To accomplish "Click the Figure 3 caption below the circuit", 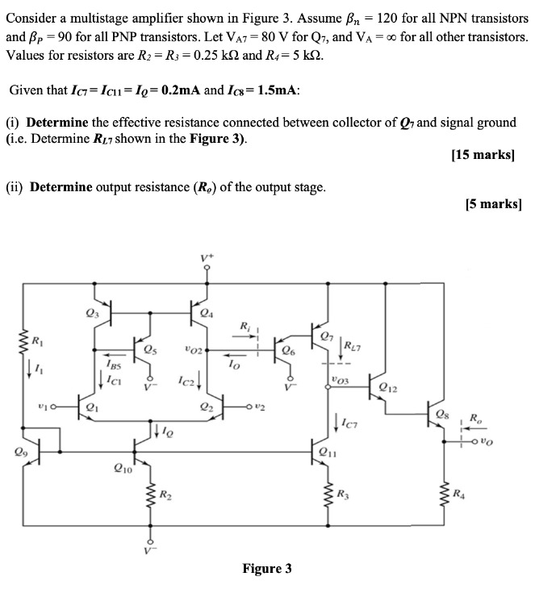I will click(x=267, y=569).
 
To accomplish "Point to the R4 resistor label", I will click(x=458, y=493).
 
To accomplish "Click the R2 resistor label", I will click(x=165, y=493).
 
